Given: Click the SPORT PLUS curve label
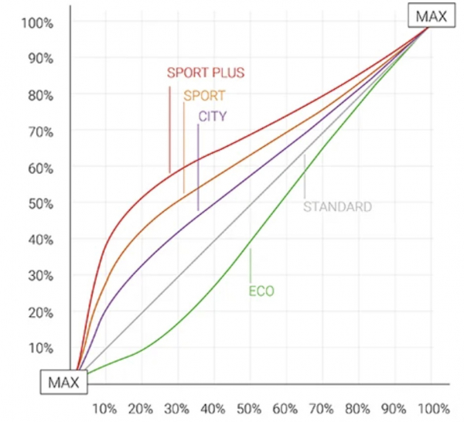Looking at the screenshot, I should pos(206,73).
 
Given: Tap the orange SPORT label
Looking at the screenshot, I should pos(204,97).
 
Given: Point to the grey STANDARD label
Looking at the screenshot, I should pos(337,206).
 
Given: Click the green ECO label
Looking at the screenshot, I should pos(261,291).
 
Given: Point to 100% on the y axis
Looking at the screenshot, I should pos(37,22).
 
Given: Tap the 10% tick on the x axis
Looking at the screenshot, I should pos(104,407).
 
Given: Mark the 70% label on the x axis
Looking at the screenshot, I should pos(322,407).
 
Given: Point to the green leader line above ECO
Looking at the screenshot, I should pos(251,267).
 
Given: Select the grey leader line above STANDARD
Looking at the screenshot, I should pos(305,178).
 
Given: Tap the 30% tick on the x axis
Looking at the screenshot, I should pos(178,407).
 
